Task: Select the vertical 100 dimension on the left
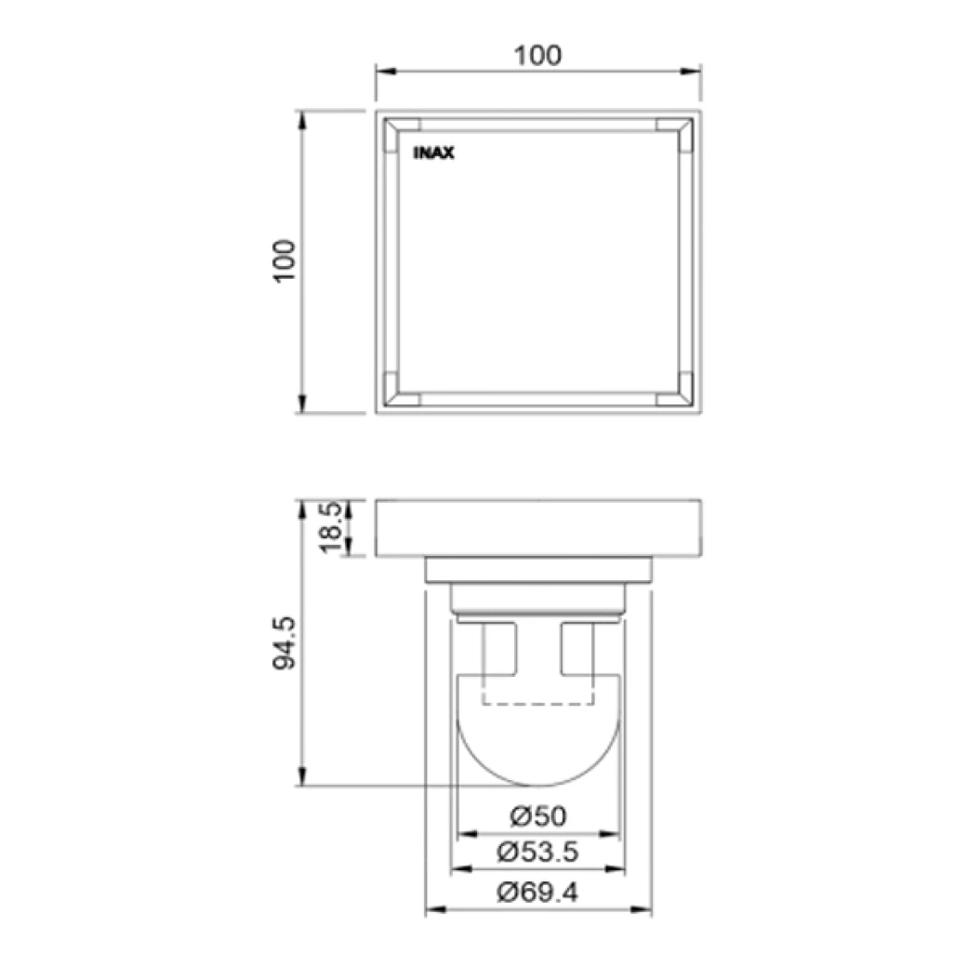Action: (x=285, y=261)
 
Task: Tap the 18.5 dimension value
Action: (x=332, y=528)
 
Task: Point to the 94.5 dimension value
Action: (x=285, y=642)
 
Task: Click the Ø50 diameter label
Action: (x=537, y=817)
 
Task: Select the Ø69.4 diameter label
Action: (x=537, y=893)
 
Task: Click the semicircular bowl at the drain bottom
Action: (x=537, y=744)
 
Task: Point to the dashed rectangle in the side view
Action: (x=537, y=693)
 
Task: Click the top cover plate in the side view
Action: (x=537, y=528)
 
